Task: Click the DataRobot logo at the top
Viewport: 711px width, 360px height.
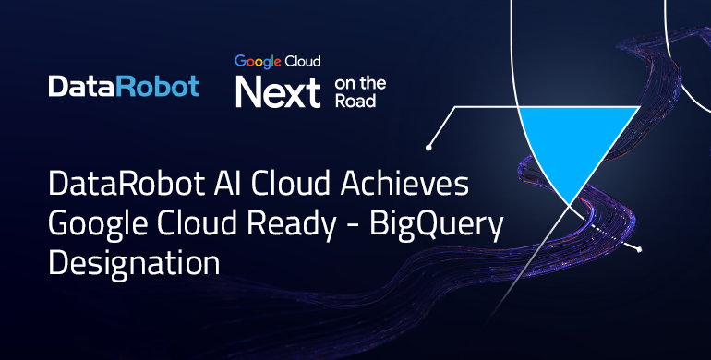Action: point(124,87)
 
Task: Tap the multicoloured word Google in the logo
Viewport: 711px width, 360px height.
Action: point(256,62)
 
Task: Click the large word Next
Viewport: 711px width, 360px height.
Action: point(277,92)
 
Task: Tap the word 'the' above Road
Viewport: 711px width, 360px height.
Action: point(374,83)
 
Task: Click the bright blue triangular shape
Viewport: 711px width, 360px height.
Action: point(577,138)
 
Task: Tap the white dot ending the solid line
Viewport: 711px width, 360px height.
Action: point(428,146)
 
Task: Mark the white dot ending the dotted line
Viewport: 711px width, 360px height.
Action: point(640,249)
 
